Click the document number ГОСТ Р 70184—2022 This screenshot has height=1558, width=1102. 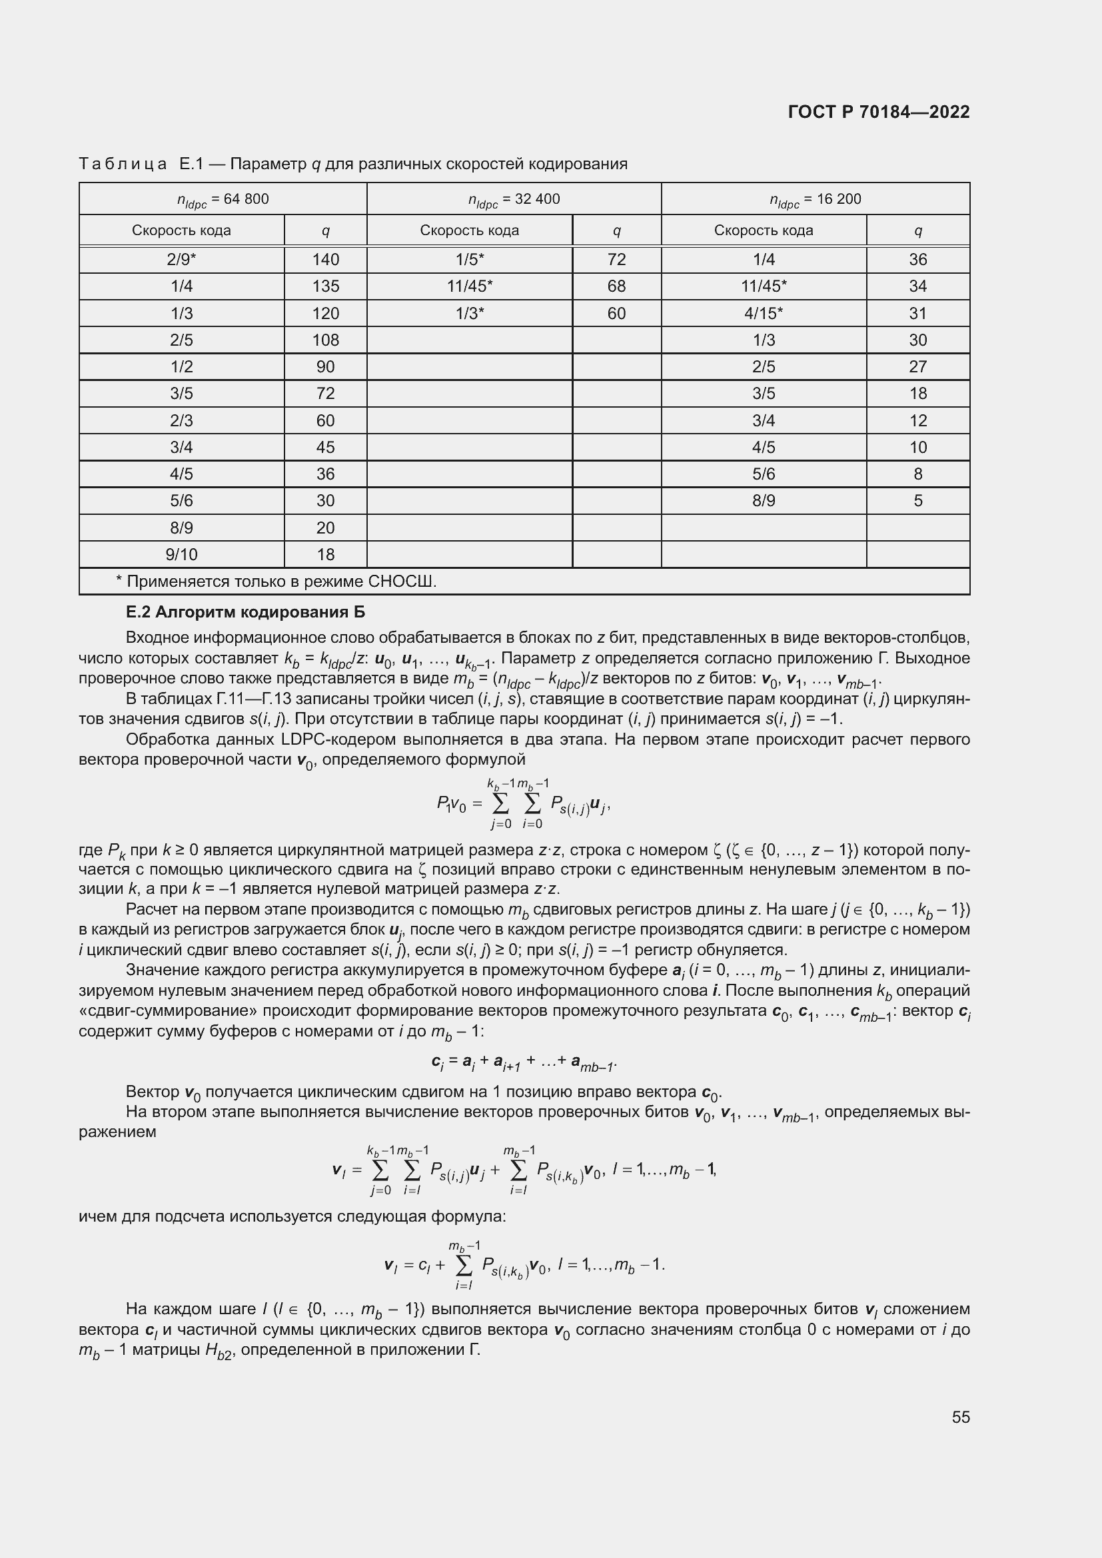click(879, 112)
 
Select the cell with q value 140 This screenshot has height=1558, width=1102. click(325, 259)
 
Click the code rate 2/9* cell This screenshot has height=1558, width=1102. click(181, 259)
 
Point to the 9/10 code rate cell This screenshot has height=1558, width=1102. click(181, 554)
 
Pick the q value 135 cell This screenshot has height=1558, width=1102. click(325, 286)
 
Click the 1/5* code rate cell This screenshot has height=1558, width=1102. click(470, 259)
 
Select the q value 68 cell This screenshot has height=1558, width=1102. click(616, 286)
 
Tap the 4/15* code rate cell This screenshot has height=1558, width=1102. click(764, 314)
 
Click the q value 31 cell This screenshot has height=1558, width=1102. click(917, 314)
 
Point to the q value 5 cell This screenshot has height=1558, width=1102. click(917, 501)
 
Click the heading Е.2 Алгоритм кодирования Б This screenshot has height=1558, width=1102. click(245, 612)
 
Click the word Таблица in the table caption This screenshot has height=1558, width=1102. click(123, 165)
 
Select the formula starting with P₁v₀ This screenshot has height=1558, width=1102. click(523, 804)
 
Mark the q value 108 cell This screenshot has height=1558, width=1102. click(325, 340)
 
